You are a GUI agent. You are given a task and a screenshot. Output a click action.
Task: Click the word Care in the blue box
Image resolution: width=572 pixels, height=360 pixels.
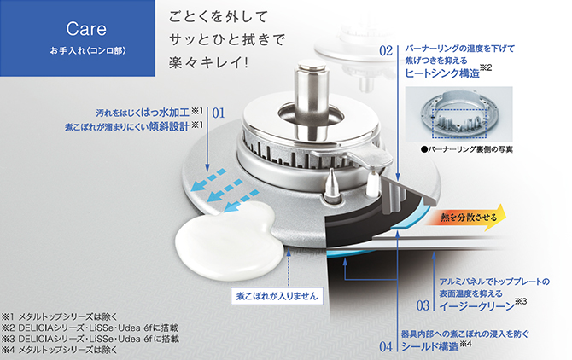click(86, 29)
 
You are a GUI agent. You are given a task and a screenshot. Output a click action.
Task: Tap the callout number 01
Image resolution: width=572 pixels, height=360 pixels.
click(219, 113)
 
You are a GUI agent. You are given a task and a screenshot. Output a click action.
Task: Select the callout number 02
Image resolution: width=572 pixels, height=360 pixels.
click(386, 51)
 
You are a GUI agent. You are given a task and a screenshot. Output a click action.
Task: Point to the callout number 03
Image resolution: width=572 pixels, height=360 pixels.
click(423, 305)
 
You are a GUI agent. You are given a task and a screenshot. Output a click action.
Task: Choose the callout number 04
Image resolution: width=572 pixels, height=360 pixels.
click(386, 346)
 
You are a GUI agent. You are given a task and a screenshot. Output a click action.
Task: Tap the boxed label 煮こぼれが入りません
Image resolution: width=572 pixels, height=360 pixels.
click(277, 296)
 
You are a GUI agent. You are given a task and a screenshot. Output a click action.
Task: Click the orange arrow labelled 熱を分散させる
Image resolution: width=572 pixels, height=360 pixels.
click(466, 218)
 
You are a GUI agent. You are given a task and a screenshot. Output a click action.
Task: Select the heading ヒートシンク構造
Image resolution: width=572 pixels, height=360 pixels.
click(442, 73)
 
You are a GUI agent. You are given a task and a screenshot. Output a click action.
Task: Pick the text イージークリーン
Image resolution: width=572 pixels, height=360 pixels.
click(476, 306)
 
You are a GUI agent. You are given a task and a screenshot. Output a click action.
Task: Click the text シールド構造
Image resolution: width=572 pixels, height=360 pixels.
click(429, 346)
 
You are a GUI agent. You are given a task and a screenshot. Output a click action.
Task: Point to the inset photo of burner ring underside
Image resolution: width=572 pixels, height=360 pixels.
click(459, 114)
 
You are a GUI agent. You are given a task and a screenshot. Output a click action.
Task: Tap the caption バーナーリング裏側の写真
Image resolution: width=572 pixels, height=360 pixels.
click(467, 149)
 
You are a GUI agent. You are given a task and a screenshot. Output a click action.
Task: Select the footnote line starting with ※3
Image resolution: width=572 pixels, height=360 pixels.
click(90, 339)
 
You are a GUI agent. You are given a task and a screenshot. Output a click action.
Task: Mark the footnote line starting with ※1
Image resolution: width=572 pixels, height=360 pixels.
click(60, 316)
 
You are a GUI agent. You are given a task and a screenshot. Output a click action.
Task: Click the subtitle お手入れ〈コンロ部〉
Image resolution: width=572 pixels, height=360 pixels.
click(88, 50)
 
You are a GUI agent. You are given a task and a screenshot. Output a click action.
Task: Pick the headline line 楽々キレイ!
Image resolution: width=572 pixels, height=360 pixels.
click(208, 62)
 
